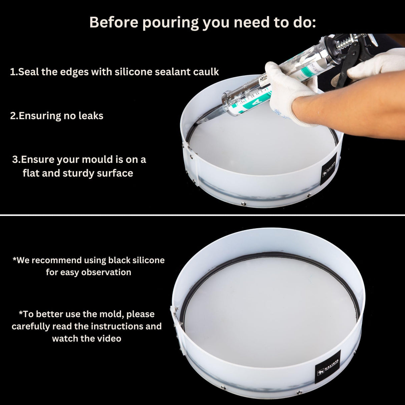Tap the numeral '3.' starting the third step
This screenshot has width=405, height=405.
[x=16, y=159]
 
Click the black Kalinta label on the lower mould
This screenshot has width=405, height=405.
[x=328, y=367]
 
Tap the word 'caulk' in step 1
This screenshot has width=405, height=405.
[x=207, y=72]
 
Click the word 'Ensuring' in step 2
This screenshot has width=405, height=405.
[x=40, y=116]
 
